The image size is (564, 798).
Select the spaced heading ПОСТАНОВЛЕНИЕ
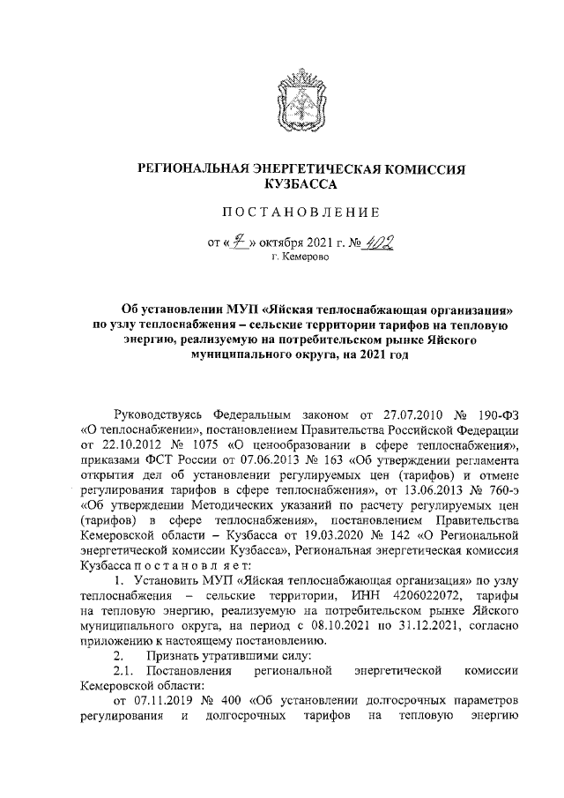click(305, 212)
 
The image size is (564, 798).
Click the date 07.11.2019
click(160, 747)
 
